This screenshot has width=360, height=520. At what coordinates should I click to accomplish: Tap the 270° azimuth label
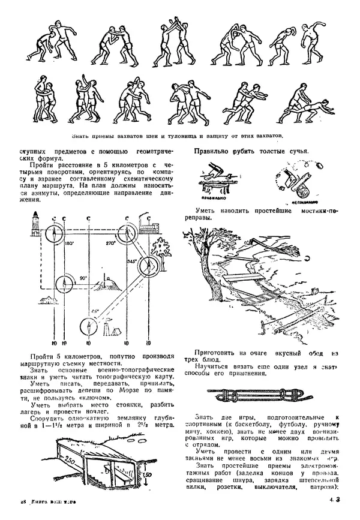point(110,244)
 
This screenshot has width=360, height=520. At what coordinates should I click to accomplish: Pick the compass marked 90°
point(68,280)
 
